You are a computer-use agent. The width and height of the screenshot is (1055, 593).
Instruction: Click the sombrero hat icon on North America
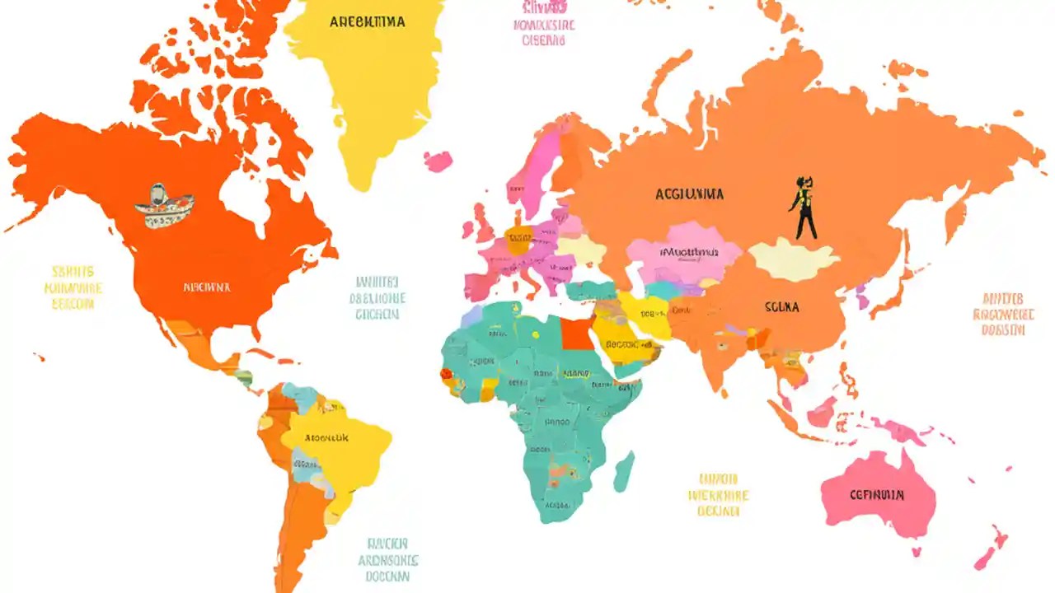(164, 206)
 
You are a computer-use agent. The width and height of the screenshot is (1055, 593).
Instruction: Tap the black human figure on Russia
(803, 207)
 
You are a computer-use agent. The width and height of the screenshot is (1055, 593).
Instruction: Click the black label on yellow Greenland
(367, 22)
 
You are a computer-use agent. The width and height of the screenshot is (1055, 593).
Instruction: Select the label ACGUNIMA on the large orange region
(690, 194)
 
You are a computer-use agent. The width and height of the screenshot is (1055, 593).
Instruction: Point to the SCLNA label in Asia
(781, 307)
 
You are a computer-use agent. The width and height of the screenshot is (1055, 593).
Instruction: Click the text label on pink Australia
(876, 495)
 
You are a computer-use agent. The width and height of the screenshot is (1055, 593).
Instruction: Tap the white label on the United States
(207, 287)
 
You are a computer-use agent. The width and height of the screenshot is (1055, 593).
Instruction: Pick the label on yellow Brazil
(326, 438)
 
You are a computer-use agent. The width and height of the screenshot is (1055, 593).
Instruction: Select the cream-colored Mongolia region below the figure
(792, 261)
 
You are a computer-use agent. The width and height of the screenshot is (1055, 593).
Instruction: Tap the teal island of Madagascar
(624, 472)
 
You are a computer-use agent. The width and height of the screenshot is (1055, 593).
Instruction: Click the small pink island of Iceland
(438, 161)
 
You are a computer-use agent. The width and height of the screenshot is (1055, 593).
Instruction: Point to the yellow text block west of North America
(73, 287)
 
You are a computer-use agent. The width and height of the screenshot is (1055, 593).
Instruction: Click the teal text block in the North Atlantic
(377, 297)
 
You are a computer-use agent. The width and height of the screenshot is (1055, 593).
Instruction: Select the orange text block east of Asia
(1002, 314)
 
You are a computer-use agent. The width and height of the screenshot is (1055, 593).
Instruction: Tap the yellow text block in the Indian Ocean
(718, 494)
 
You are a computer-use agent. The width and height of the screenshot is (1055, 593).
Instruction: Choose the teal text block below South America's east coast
(388, 560)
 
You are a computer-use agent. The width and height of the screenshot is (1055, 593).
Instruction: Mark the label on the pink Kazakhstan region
(689, 251)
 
